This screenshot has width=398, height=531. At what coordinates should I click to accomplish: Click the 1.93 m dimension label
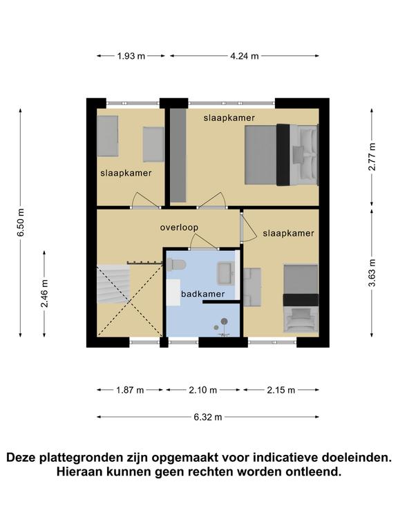[x=131, y=56]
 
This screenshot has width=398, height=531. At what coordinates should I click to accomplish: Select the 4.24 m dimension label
[x=245, y=56]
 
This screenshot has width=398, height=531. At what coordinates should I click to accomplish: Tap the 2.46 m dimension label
[x=44, y=293]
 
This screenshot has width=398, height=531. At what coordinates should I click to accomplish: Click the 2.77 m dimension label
[x=372, y=157]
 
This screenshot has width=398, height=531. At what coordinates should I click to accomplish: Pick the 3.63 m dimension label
[x=372, y=272]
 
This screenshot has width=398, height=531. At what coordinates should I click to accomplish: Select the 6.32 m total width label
[x=208, y=417]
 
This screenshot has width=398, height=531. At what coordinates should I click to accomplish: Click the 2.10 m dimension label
[x=202, y=390]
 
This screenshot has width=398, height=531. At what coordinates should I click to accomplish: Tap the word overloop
[x=179, y=227]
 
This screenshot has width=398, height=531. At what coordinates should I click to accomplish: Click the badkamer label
[x=202, y=294]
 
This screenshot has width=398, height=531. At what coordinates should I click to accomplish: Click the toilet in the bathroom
[x=176, y=264]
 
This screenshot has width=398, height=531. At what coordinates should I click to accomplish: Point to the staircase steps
[x=113, y=284]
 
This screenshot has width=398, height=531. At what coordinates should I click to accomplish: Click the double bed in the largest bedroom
[x=281, y=155]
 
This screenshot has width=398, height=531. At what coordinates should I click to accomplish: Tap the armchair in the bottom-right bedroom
[x=300, y=319]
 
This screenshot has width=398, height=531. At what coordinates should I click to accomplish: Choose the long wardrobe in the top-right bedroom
[x=178, y=155]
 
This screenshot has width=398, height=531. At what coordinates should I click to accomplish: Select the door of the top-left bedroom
[x=146, y=201]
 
